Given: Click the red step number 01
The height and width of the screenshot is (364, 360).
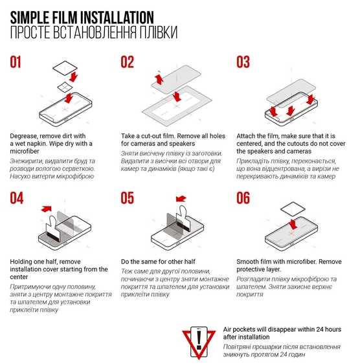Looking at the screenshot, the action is [x=16, y=62].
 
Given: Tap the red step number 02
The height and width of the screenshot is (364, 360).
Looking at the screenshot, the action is [x=127, y=62].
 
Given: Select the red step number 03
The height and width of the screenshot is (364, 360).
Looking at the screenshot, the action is [x=243, y=62].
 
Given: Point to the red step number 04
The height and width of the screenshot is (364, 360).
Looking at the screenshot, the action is [x=16, y=198].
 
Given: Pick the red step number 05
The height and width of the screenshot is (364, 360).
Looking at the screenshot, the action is [x=127, y=198].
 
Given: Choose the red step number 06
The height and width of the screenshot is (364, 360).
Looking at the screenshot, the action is [x=243, y=198].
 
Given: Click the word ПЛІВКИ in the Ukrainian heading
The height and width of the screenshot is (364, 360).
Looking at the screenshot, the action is [x=159, y=32].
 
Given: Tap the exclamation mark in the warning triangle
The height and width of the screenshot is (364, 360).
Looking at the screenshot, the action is [x=199, y=340].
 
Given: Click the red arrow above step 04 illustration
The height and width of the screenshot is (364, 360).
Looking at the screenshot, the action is [x=47, y=209].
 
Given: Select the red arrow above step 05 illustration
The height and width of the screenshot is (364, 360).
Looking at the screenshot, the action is [x=181, y=199].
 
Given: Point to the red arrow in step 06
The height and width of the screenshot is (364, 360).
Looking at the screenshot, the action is [x=293, y=224].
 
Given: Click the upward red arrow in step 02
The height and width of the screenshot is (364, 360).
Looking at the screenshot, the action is [x=159, y=79].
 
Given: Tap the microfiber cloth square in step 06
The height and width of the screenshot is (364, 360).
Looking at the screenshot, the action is [x=293, y=209].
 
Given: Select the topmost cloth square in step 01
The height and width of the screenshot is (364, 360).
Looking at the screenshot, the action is [x=65, y=68].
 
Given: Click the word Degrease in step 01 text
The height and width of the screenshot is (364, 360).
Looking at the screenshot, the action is [x=24, y=136].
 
